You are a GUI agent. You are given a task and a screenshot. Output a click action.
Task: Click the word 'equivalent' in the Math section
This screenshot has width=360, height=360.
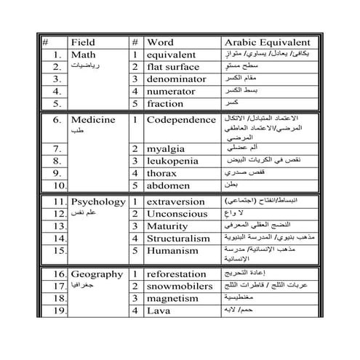pos(172,55)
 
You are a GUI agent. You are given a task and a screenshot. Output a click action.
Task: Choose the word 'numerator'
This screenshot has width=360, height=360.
pos(172,91)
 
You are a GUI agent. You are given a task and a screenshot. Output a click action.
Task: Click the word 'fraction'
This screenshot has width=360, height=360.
pos(165,103)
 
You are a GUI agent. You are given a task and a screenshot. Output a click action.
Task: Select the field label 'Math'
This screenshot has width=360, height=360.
pos(84,55)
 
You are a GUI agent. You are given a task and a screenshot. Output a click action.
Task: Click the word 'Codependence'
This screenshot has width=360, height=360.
pos(180,118)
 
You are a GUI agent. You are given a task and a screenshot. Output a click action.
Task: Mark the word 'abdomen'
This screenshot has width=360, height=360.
pos(167,185)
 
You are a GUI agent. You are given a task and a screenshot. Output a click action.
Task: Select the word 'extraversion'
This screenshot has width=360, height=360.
pos(177,200)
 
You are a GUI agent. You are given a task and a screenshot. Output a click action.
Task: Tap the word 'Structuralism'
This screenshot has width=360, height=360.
pos(180,237)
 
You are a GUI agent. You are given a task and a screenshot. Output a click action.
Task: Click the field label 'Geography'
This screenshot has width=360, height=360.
pos(97,274)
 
